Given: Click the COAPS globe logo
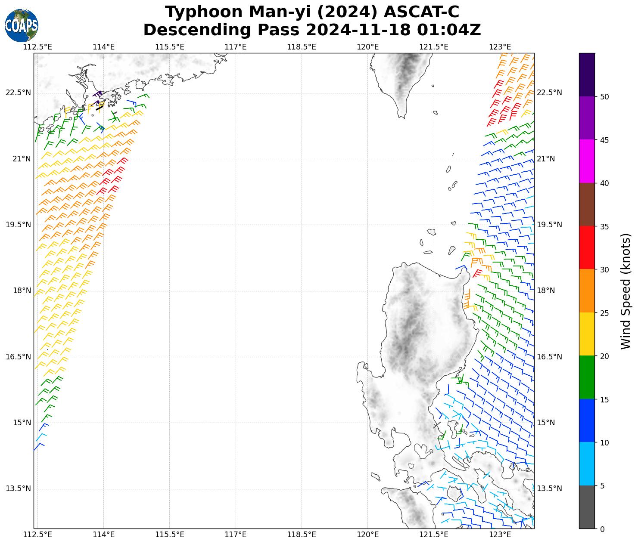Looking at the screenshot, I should [x=22, y=26].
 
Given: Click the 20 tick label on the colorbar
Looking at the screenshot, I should [x=604, y=356].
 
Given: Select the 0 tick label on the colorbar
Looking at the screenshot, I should [x=602, y=529].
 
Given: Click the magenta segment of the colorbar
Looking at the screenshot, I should [x=587, y=161].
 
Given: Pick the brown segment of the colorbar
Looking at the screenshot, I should [x=587, y=204].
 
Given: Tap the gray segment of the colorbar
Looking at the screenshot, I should [x=587, y=507].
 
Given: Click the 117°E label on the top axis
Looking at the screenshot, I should [x=236, y=47].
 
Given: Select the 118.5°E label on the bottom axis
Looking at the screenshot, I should [x=302, y=535].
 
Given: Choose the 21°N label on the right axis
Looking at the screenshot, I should [x=545, y=159].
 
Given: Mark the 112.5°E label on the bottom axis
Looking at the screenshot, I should [x=37, y=535].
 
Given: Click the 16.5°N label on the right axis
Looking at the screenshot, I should [x=549, y=357].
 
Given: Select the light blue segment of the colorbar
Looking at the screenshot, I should [x=587, y=464].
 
